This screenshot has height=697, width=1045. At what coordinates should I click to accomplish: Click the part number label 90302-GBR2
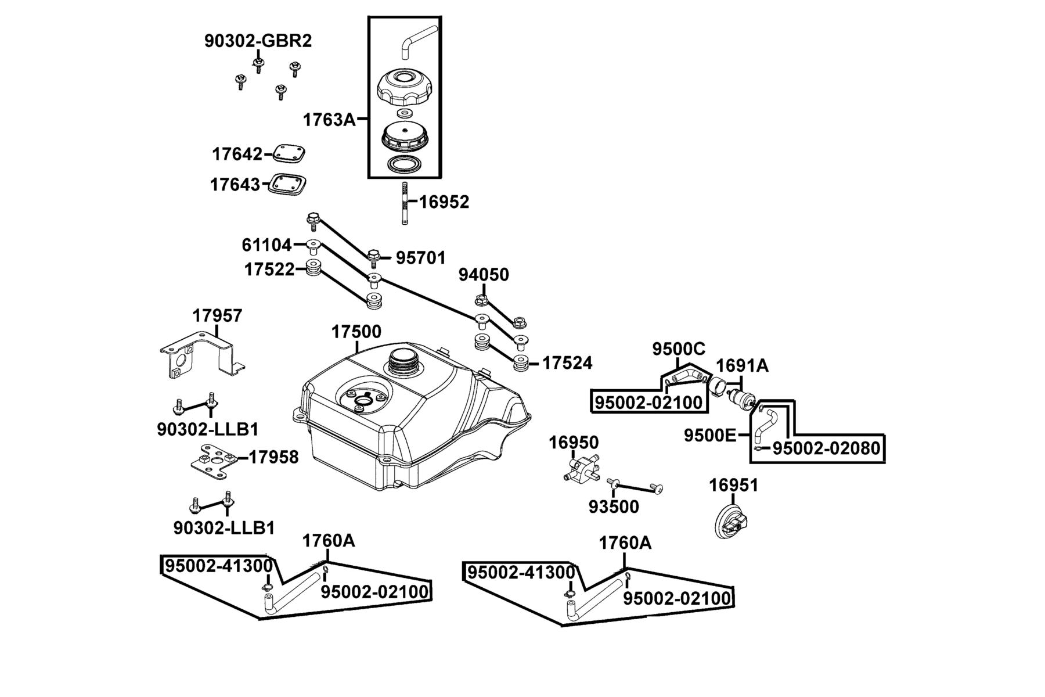coord(258,41)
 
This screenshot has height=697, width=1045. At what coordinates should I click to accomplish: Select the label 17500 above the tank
coord(356,332)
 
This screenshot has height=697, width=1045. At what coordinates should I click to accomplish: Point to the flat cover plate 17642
coord(289,153)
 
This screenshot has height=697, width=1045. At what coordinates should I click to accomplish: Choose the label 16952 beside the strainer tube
coord(444,202)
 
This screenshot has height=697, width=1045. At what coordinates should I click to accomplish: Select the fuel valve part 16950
coord(581,469)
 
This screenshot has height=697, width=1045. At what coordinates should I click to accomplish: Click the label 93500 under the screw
coord(614,507)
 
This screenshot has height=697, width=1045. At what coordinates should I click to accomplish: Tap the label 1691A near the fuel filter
coord(742,366)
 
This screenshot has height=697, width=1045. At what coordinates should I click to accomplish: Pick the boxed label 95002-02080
coord(826,448)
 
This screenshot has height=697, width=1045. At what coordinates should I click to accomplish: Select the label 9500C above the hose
coord(679,349)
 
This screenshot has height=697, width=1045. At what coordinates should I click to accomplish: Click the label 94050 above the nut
coord(484,275)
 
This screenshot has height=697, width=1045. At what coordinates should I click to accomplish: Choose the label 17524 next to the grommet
coord(567,363)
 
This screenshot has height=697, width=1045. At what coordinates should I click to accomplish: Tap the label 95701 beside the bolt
coord(421,258)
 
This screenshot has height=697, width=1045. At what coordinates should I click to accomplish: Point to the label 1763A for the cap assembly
coord(329,120)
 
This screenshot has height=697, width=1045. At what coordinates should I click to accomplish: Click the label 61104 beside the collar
coord(266,245)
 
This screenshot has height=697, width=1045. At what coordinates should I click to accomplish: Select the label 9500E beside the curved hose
coord(710,435)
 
